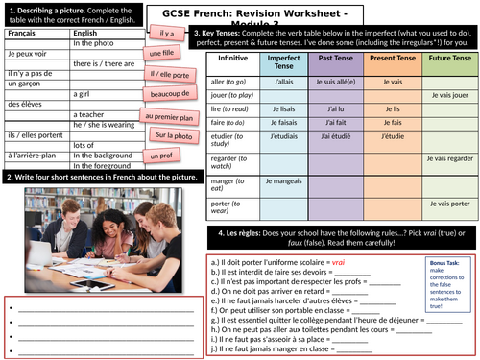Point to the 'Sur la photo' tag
pyautogui.click(x=174, y=135)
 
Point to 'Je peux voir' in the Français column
pyautogui.click(x=27, y=47)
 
